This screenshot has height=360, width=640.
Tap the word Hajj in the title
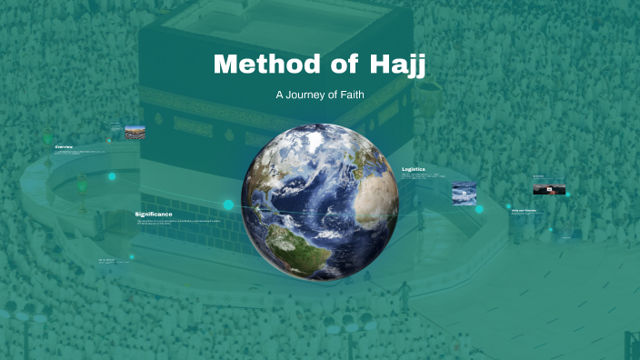[398, 65]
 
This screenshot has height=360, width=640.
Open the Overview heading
[64, 146]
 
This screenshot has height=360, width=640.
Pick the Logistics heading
[414, 169]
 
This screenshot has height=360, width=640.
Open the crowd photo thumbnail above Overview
[134, 132]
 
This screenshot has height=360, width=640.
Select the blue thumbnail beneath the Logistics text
[464, 192]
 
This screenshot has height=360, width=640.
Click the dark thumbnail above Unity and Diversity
[549, 188]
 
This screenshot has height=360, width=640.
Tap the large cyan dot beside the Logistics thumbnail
[479, 209]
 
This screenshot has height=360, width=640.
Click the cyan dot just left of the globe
[228, 205]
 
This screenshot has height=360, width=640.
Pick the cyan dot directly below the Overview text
[112, 176]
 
